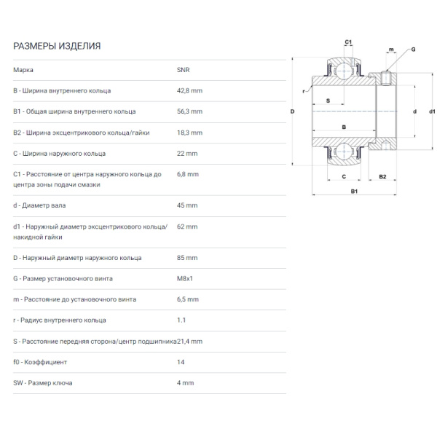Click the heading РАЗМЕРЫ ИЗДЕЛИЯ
tap(57, 46)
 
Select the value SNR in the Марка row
tap(183, 70)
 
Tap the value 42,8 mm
tap(189, 90)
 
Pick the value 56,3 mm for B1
tap(189, 111)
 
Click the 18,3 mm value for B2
tap(189, 133)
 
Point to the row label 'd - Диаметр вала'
tap(39, 205)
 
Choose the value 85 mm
tap(187, 258)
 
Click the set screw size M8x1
tap(185, 278)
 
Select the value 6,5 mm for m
tap(188, 299)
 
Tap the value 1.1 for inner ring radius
tap(181, 320)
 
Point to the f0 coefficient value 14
tap(181, 362)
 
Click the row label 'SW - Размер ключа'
tap(43, 383)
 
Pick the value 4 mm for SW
tap(185, 383)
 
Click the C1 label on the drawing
tap(348, 42)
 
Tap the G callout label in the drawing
tap(413, 50)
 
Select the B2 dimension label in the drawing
tap(382, 177)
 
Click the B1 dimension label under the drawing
tap(354, 191)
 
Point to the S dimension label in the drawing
tap(328, 101)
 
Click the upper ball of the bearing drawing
tap(344, 71)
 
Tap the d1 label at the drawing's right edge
tap(432, 111)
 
